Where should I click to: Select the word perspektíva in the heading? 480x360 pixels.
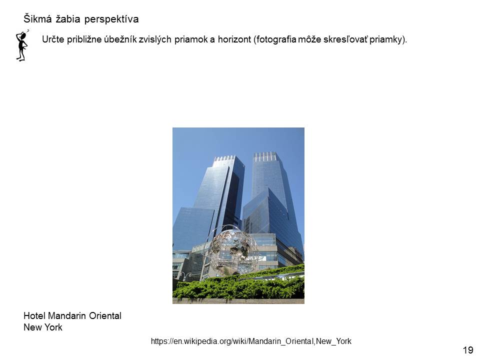click(111, 19)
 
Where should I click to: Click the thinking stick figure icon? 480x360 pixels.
click(22, 45)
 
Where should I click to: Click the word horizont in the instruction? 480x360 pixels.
click(234, 39)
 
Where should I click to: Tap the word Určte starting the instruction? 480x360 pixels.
click(53, 39)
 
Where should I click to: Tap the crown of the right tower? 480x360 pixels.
click(265, 156)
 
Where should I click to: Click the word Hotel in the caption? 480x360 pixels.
click(34, 315)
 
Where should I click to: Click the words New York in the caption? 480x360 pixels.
click(43, 327)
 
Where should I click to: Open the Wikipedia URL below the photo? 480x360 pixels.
click(251, 341)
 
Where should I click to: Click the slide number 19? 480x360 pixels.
click(468, 350)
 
